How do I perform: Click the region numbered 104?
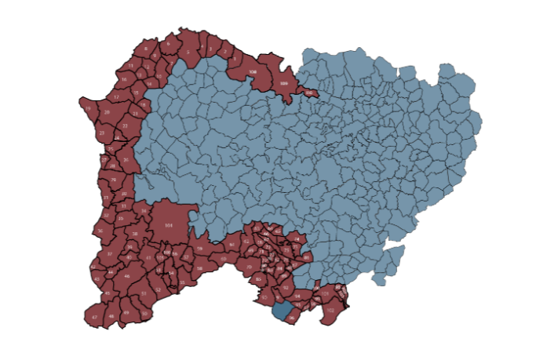[169, 225]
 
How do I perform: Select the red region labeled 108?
[252, 72]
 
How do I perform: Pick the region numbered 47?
[94, 317]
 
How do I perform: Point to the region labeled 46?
[127, 276]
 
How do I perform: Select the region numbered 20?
[124, 194]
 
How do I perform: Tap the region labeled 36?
[100, 231]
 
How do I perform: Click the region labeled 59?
[200, 249]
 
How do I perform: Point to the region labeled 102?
[330, 311]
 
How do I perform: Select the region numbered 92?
[285, 288]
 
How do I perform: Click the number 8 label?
[145, 49]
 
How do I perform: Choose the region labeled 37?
[108, 255]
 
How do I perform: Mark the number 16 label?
[124, 80]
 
